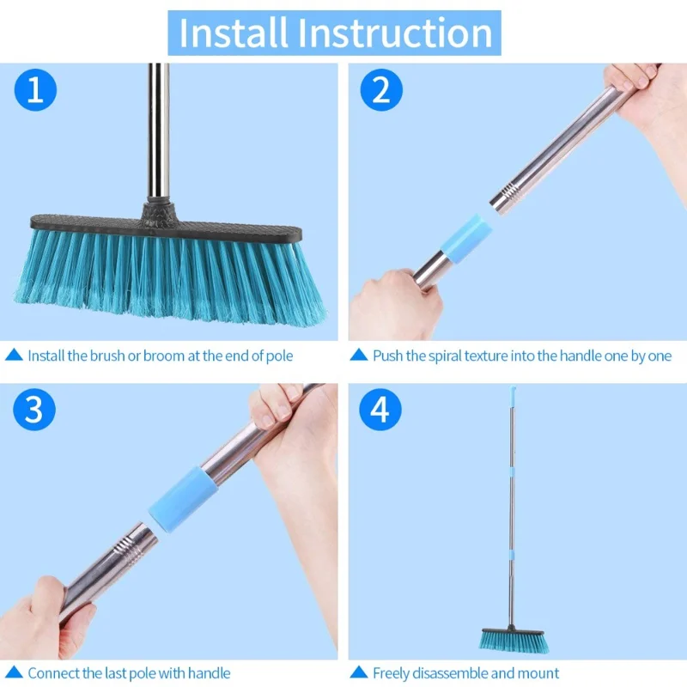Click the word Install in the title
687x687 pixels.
tap(234, 33)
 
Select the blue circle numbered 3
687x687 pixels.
tap(33, 410)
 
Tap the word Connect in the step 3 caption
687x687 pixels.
tap(53, 673)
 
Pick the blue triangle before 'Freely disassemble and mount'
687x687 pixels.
tap(358, 673)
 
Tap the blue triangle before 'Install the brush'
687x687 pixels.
tap(14, 355)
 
